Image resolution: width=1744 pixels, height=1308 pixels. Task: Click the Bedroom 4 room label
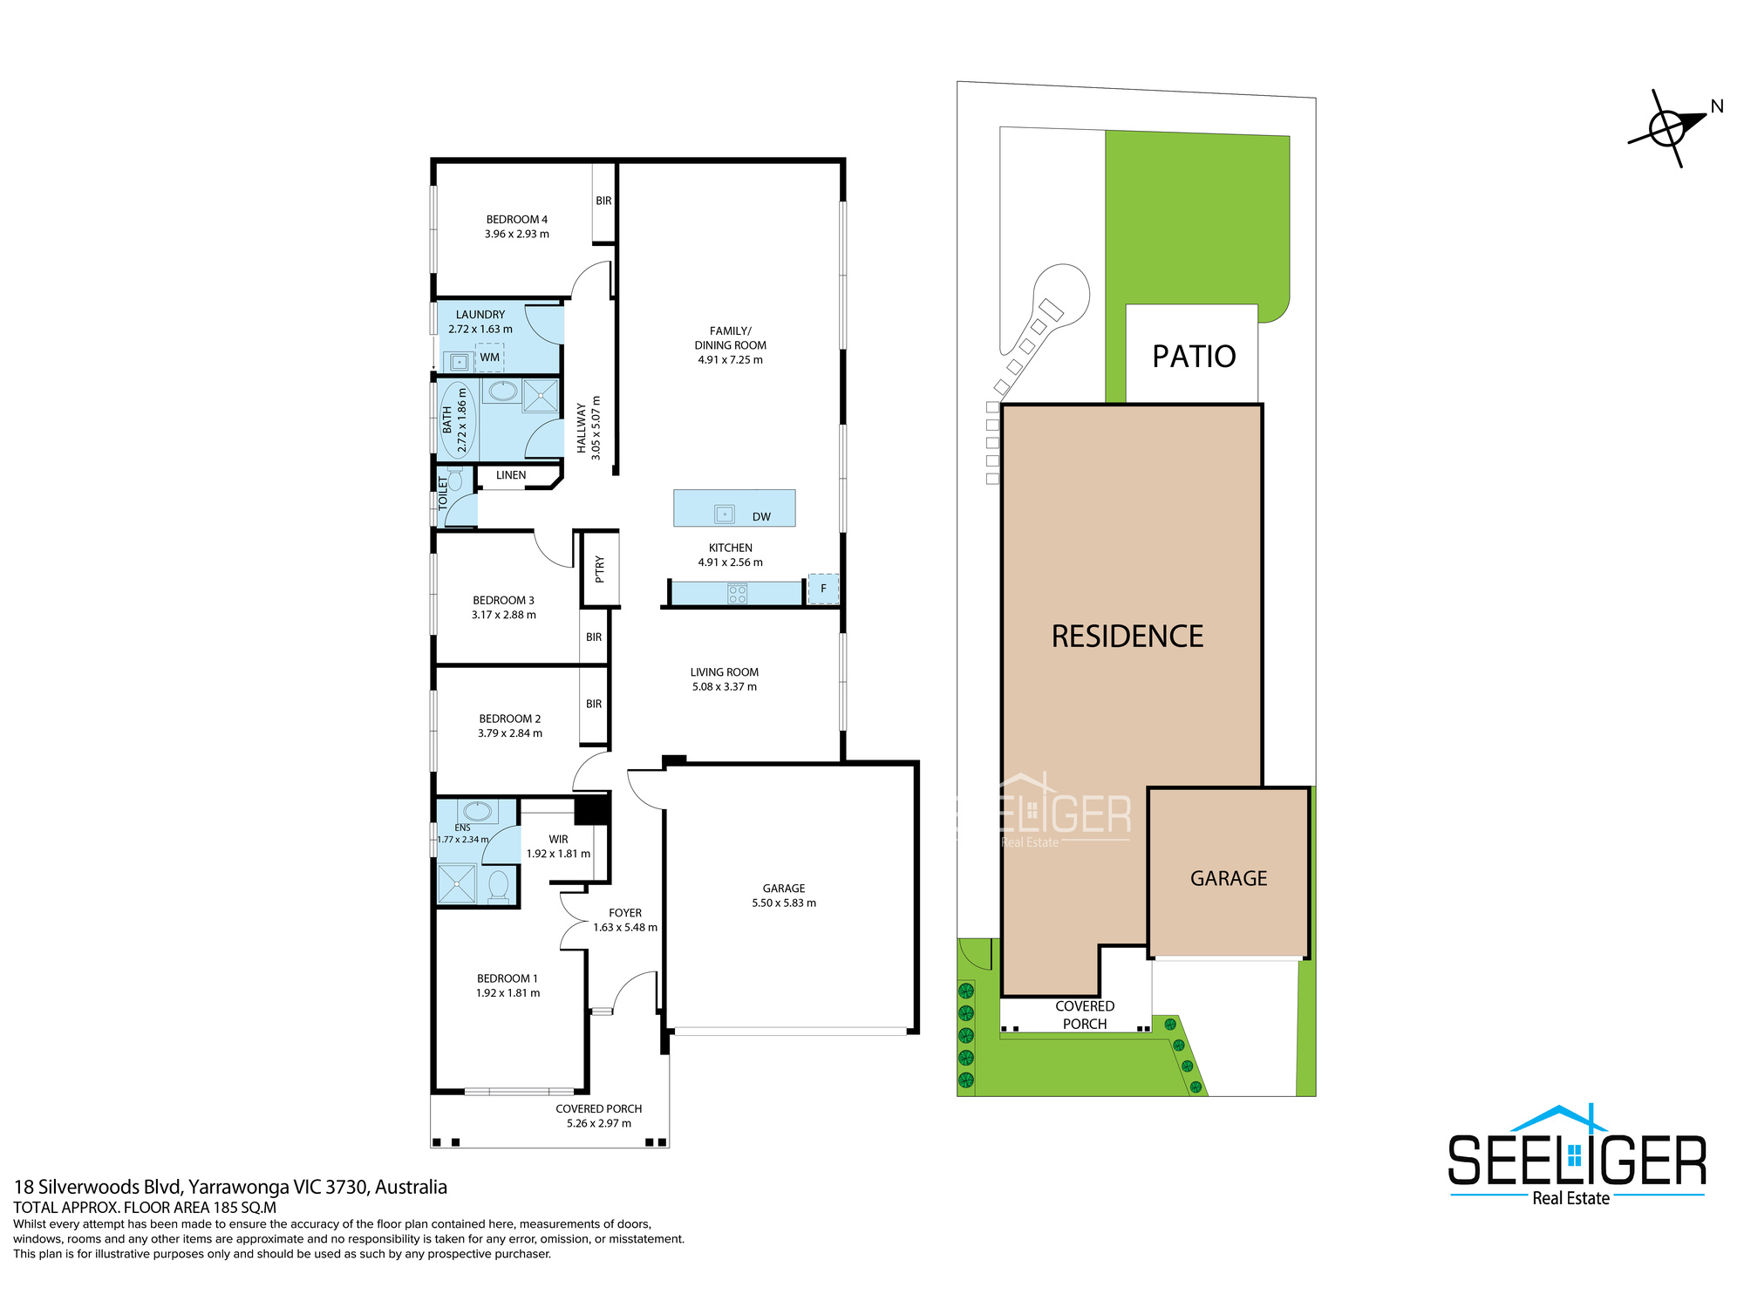click(517, 220)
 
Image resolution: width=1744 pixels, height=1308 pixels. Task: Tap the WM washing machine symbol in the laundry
click(489, 358)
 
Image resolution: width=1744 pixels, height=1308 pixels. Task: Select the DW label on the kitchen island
click(761, 517)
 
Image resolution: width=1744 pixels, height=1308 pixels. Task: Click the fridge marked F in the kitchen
click(823, 589)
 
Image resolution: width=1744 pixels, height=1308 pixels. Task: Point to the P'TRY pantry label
click(600, 569)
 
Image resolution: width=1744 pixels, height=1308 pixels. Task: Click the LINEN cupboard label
click(511, 475)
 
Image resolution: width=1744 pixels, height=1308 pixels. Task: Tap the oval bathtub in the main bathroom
click(458, 420)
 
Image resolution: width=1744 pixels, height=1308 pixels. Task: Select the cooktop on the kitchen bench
click(738, 595)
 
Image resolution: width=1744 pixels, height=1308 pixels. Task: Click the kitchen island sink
click(725, 514)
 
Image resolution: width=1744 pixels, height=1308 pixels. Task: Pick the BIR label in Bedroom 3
click(594, 637)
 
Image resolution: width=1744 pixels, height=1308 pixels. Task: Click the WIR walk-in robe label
click(558, 840)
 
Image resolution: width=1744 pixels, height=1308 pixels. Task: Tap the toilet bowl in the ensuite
click(498, 884)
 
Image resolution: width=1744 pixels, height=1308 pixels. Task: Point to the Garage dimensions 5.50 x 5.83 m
click(784, 903)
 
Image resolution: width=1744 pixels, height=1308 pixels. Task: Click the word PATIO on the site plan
click(1194, 357)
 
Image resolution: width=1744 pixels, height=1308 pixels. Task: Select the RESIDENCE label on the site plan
click(1127, 637)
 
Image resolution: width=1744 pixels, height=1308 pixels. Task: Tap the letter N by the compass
click(1717, 106)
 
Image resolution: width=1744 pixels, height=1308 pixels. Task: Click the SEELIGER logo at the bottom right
click(1577, 1156)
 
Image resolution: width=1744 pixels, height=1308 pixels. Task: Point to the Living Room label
click(725, 672)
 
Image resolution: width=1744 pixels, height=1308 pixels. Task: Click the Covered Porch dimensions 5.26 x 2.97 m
click(599, 1123)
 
